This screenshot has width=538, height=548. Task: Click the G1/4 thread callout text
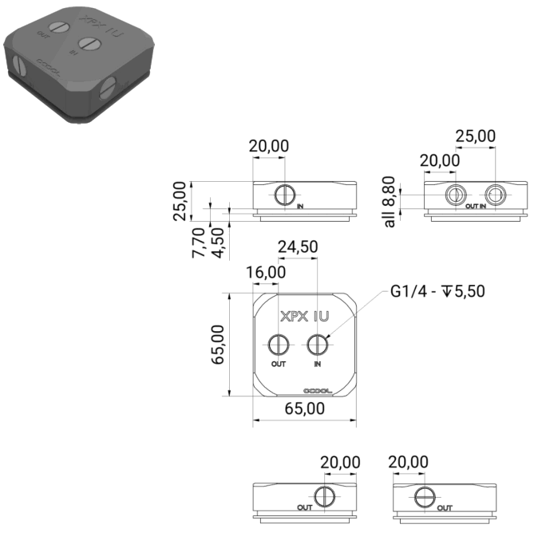click(x=437, y=292)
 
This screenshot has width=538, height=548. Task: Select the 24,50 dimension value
click(x=298, y=247)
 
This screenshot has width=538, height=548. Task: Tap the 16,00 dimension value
click(x=266, y=272)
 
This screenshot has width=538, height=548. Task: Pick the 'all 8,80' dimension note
click(x=389, y=203)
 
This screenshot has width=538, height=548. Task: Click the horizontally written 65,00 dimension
click(x=305, y=409)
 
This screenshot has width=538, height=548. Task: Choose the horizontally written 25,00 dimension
click(x=475, y=136)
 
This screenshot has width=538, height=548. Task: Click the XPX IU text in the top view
click(x=305, y=316)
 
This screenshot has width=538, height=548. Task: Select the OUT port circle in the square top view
click(x=278, y=345)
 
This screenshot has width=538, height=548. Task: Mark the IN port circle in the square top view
click(x=318, y=345)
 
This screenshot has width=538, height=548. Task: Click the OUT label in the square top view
click(x=278, y=365)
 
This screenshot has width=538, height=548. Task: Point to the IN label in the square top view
click(x=318, y=365)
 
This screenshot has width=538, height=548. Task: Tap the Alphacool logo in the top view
click(x=318, y=390)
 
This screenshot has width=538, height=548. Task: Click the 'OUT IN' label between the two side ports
click(x=476, y=206)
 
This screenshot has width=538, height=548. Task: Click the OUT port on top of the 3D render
click(x=59, y=27)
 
